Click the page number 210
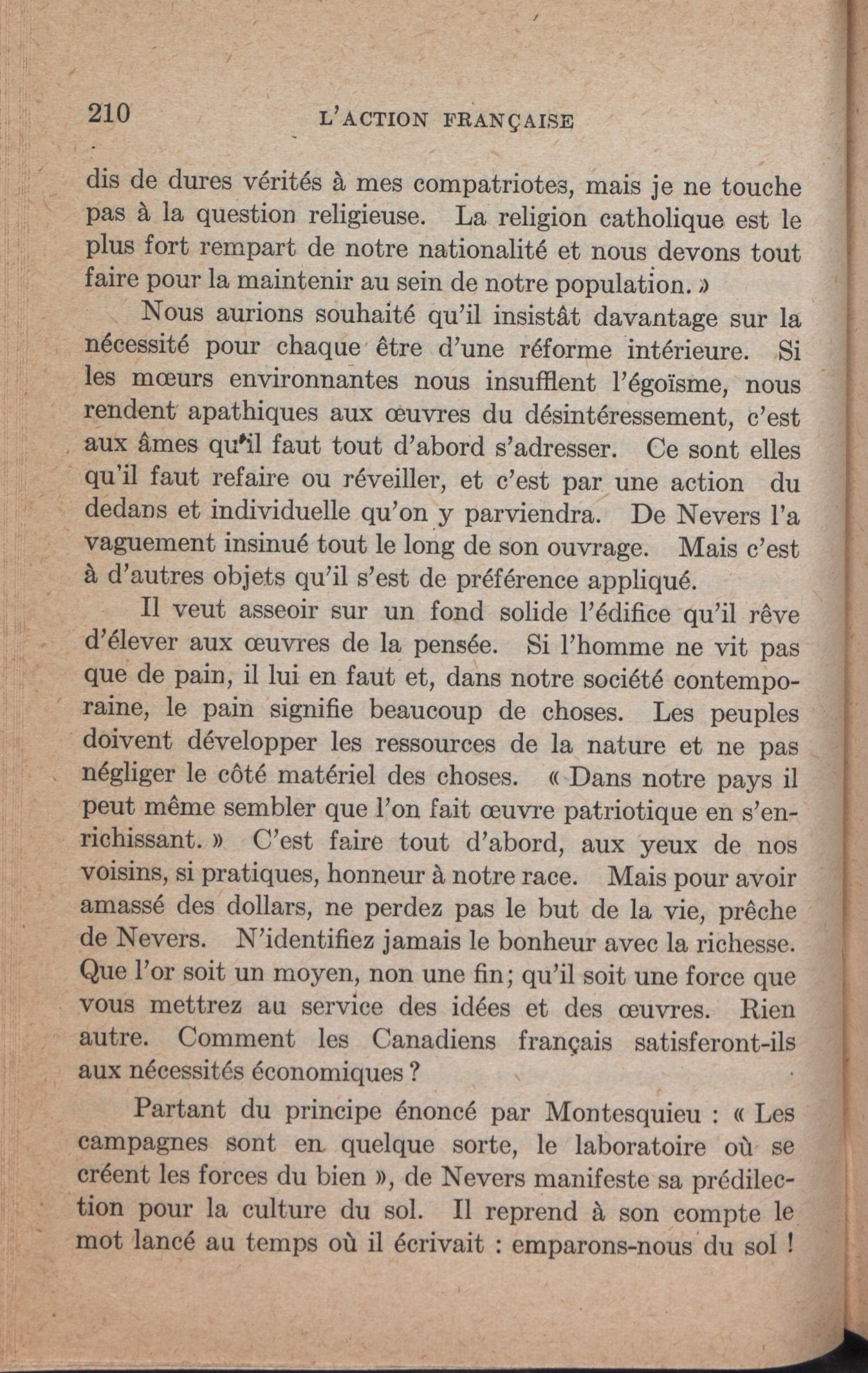109,113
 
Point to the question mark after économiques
414,1072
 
